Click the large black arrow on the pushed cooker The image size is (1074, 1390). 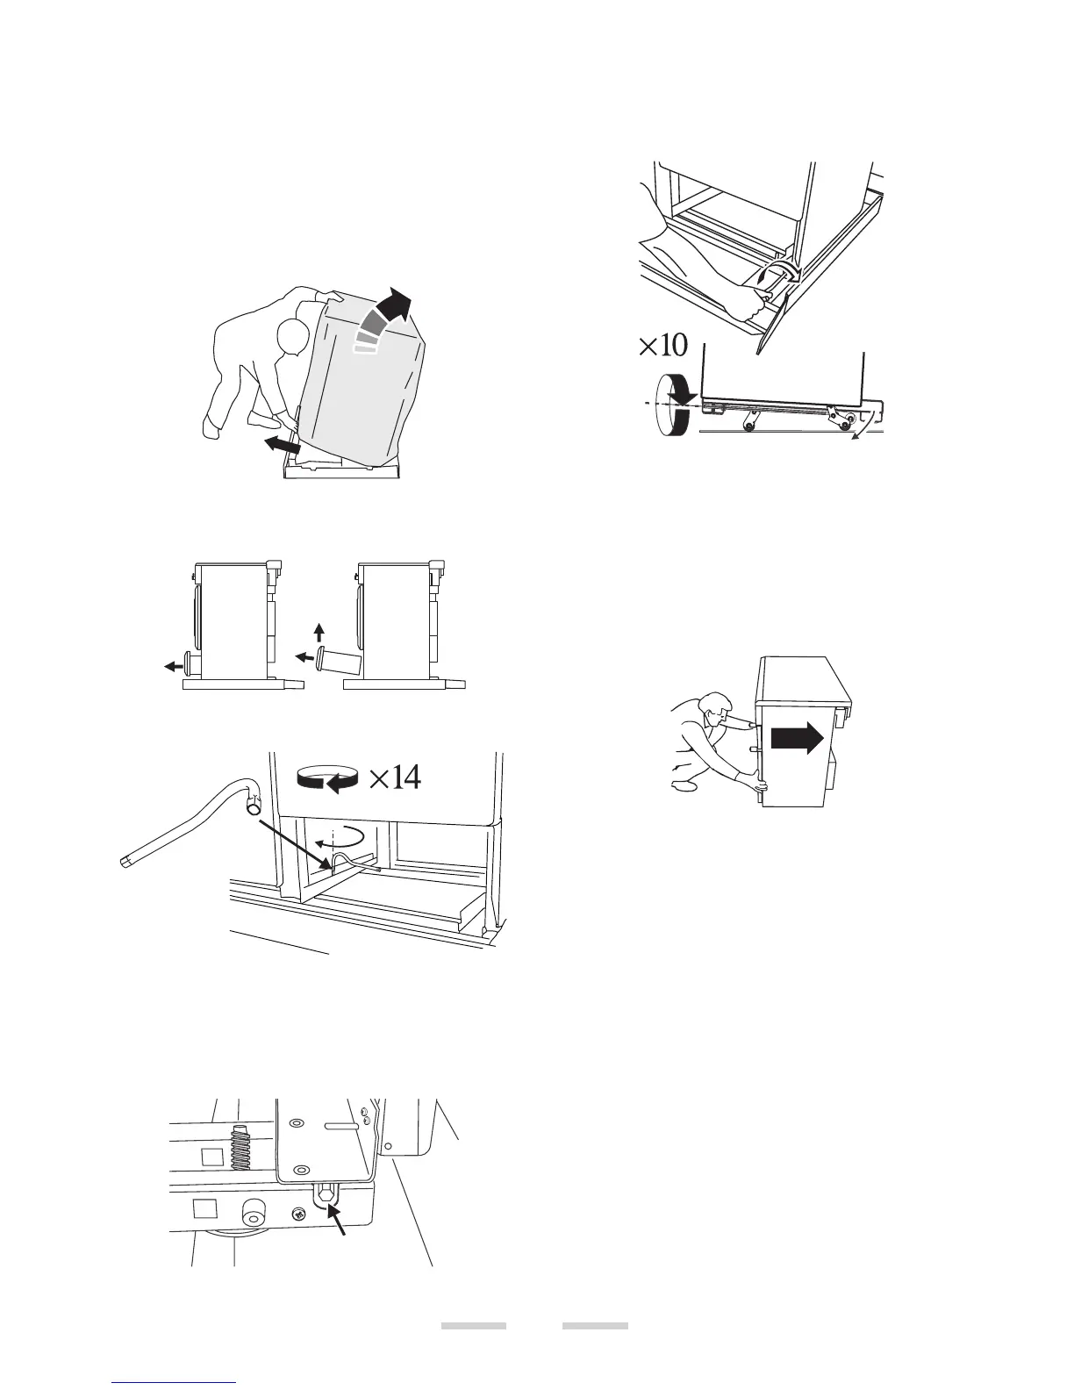point(797,739)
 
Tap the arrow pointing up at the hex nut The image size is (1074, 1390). point(341,1221)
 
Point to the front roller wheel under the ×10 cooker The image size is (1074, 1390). point(748,426)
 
